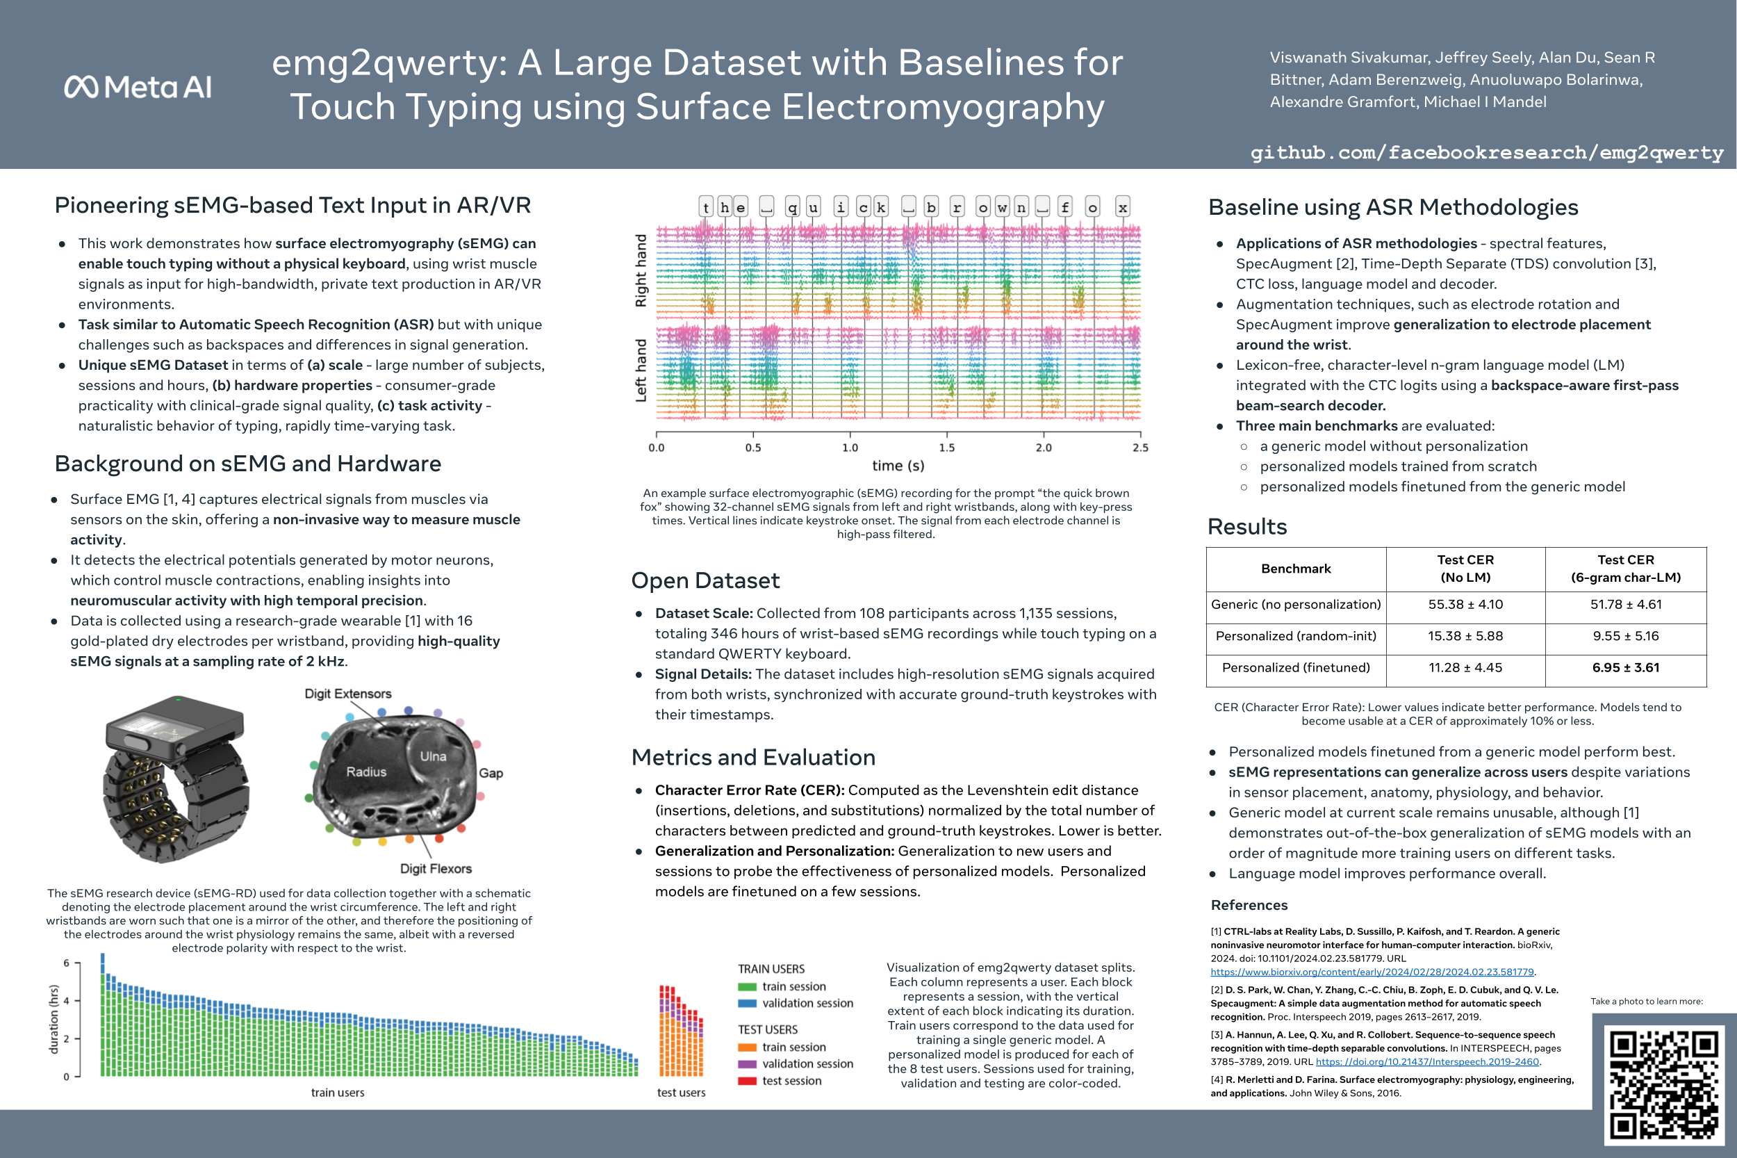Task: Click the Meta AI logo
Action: (x=138, y=87)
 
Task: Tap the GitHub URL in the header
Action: (x=1486, y=152)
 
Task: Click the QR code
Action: (x=1665, y=1084)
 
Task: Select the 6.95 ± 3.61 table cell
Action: (x=1626, y=667)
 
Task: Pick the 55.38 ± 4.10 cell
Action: (x=1465, y=604)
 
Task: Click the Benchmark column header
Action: (x=1296, y=569)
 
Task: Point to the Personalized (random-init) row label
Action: (x=1296, y=636)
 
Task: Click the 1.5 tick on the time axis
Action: (x=946, y=448)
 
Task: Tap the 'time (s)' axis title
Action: (x=898, y=465)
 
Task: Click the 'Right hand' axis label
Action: (x=641, y=270)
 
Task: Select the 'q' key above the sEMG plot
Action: (x=792, y=208)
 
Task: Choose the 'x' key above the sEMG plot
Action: (x=1122, y=208)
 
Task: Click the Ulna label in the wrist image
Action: (x=433, y=756)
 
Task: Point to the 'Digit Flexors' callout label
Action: (x=436, y=869)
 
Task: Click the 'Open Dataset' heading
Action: (x=705, y=580)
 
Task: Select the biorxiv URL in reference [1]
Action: (x=1372, y=972)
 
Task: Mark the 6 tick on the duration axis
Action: (x=67, y=963)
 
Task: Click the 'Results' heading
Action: (x=1247, y=527)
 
